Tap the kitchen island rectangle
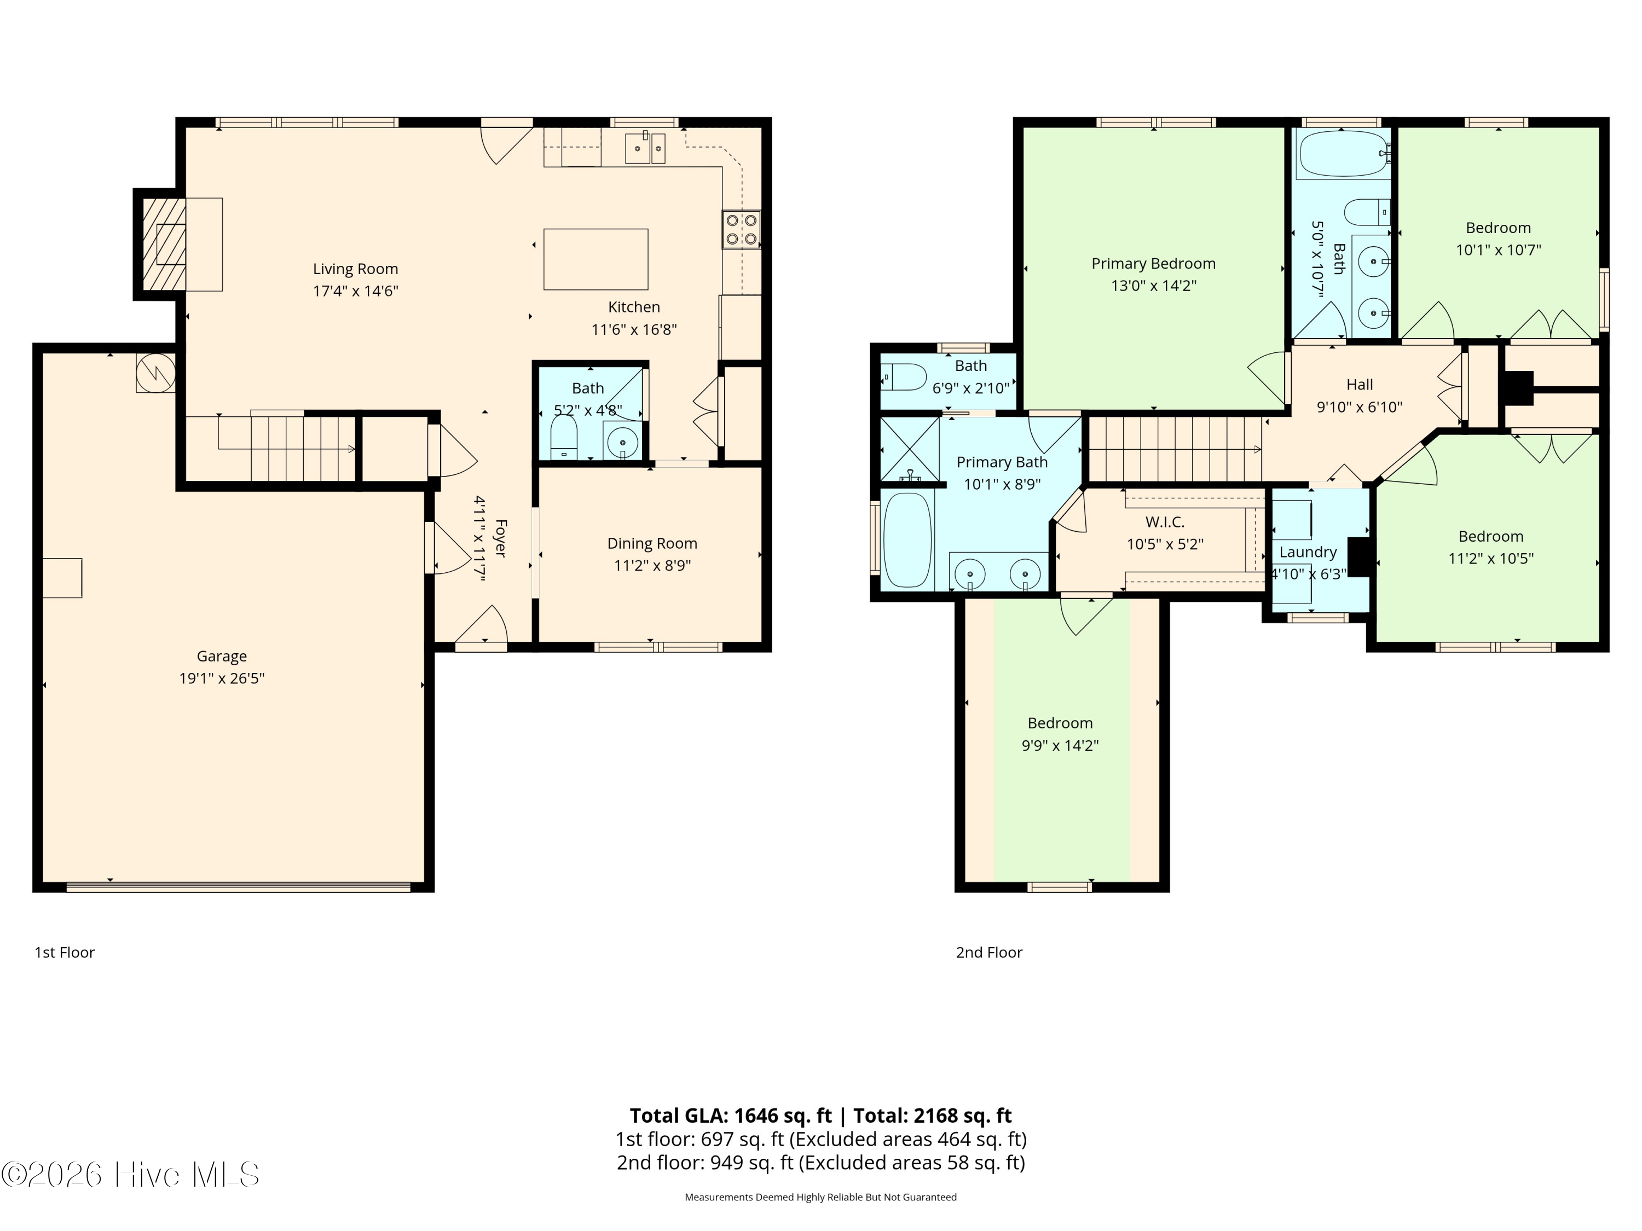(x=595, y=259)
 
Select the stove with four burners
(x=741, y=229)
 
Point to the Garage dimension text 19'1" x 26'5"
(x=222, y=678)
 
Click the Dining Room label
(x=652, y=543)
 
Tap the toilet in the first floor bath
(x=564, y=437)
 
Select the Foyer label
(x=500, y=539)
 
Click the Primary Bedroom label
(x=1154, y=263)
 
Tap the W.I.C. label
(x=1165, y=521)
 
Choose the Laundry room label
(x=1308, y=552)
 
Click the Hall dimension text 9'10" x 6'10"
(x=1359, y=407)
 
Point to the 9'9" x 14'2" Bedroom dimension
(x=1060, y=745)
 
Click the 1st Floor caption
(x=65, y=952)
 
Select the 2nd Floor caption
(x=989, y=952)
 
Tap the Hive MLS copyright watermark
(x=131, y=1175)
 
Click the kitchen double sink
(x=645, y=148)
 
